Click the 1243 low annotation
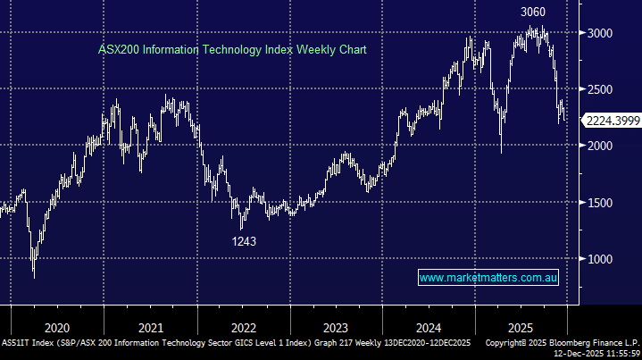tap(243, 240)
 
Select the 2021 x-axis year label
tap(151, 327)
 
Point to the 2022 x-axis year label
tap(243, 327)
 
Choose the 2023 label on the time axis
tap(336, 327)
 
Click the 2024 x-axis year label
tap(429, 327)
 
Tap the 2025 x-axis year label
tap(520, 327)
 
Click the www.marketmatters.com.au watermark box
tap(488, 278)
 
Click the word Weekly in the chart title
tap(289, 50)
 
